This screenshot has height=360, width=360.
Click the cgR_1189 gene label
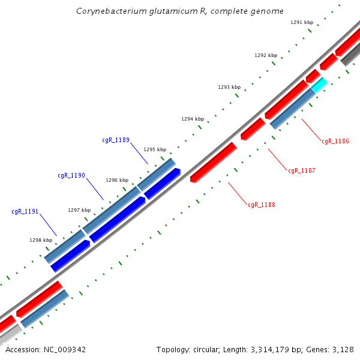point(116,140)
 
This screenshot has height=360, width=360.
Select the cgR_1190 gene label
point(71,176)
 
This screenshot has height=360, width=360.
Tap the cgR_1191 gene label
point(25,211)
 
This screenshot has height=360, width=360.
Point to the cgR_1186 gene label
point(335,142)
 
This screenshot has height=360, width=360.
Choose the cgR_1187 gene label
point(302,171)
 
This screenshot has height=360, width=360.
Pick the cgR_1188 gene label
point(262,205)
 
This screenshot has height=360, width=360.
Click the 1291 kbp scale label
point(302,22)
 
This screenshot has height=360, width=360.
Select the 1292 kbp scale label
point(266,55)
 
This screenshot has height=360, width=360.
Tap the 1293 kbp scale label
point(229,87)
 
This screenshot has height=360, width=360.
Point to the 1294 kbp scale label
point(193,119)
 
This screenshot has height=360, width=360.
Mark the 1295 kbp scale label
point(155,149)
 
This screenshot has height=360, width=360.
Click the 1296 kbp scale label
point(117,180)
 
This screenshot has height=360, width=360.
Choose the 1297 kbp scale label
point(79,210)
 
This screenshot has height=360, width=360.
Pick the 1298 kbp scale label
point(41,240)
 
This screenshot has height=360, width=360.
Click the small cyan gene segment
point(319,85)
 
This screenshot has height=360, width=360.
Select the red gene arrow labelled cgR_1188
point(213,162)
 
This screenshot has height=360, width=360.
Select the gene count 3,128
point(342,349)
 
